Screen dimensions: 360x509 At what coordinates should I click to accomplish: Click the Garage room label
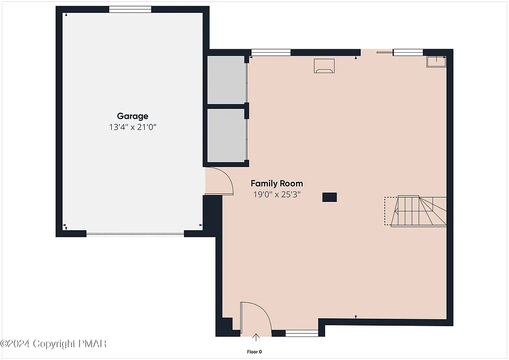(x=132, y=116)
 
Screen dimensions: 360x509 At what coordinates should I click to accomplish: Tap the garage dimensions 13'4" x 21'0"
(x=129, y=127)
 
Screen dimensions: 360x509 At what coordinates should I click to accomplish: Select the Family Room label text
(x=276, y=183)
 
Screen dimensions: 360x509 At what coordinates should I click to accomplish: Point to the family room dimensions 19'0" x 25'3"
(x=277, y=194)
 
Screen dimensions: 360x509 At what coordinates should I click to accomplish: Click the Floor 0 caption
(x=254, y=352)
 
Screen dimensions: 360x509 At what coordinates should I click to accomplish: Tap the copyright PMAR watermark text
(x=54, y=344)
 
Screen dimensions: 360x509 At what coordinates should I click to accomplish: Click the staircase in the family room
(x=416, y=211)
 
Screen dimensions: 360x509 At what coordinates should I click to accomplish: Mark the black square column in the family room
(x=330, y=197)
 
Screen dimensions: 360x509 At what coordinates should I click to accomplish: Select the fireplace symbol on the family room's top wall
(x=324, y=66)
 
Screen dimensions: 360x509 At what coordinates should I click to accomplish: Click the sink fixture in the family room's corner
(x=437, y=61)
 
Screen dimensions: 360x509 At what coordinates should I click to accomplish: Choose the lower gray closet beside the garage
(x=227, y=136)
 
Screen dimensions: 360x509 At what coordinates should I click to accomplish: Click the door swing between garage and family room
(x=219, y=181)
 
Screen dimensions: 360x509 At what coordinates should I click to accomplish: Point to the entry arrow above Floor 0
(x=256, y=339)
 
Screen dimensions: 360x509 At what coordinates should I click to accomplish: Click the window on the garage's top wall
(x=130, y=9)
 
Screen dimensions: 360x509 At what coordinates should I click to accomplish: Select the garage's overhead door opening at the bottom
(x=135, y=233)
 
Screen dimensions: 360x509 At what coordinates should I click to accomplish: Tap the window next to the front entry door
(x=302, y=333)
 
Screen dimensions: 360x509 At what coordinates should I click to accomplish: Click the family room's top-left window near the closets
(x=271, y=52)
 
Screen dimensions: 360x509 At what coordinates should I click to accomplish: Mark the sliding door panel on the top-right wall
(x=408, y=52)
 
